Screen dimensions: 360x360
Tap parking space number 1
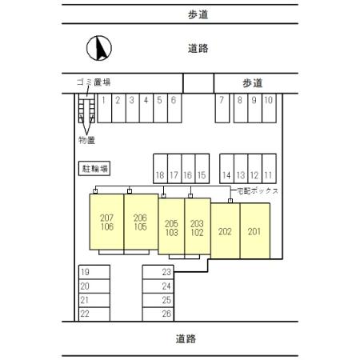103,101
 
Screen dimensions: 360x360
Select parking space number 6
173,101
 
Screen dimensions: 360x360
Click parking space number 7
221,101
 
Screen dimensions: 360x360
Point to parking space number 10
268,101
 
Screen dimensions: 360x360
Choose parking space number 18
160,174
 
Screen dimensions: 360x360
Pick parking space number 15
202,174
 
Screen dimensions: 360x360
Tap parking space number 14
226,174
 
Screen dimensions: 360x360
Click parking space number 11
268,174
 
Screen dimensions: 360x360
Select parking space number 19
85,272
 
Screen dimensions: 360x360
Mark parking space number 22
85,314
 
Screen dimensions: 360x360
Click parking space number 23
166,272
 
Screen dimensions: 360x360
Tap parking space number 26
166,314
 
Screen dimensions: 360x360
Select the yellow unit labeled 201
254,232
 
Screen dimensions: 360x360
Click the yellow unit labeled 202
225,232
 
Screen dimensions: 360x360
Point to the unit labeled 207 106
106,222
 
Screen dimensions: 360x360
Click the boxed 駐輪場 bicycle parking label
94,169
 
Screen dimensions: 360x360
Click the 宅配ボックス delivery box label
258,192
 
